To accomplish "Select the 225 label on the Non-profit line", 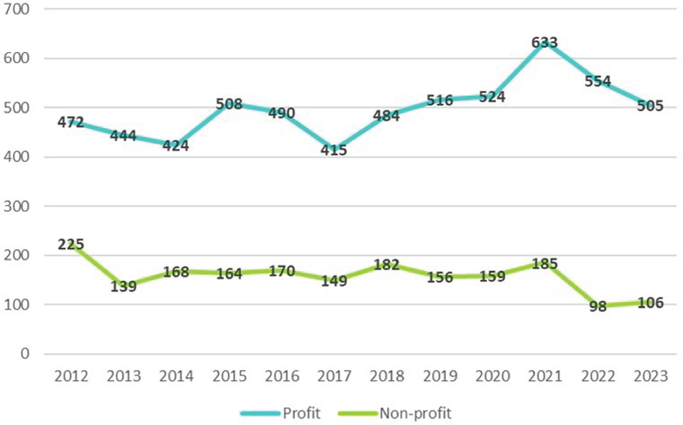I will click(71, 244).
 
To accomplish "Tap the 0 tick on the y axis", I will click(24, 354).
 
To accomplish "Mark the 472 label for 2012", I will click(71, 122).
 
